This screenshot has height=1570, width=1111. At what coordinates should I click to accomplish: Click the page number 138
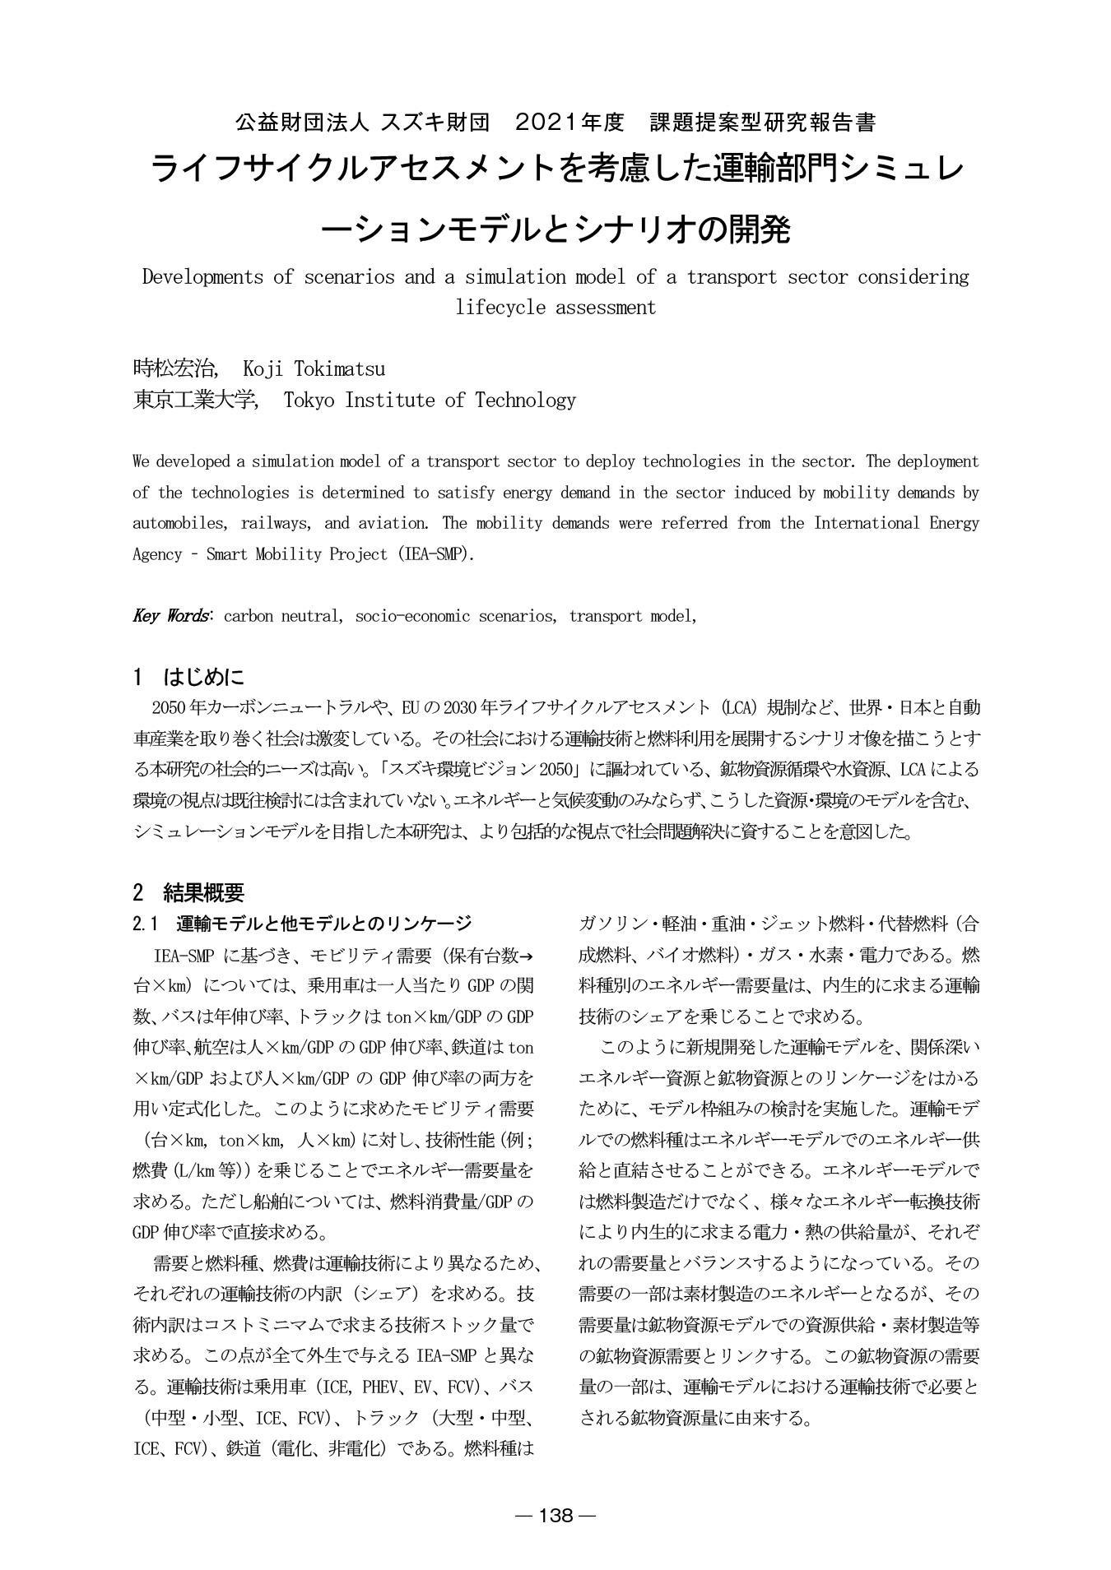point(555,1515)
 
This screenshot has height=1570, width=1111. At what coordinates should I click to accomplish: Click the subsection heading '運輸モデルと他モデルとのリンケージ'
point(324,924)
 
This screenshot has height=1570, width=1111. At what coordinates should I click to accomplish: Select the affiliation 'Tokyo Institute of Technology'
point(430,401)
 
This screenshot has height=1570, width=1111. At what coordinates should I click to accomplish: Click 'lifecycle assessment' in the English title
point(555,308)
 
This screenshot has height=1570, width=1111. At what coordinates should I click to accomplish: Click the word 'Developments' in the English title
point(202,277)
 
